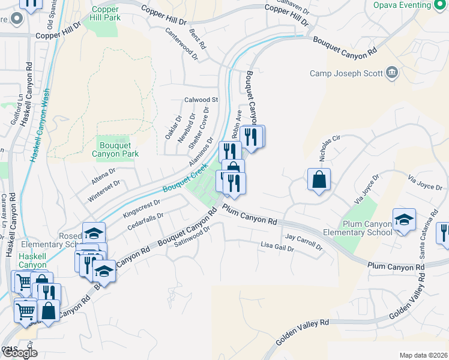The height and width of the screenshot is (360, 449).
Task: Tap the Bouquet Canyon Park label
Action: pos(115,149)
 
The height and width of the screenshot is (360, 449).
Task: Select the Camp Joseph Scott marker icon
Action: pos(393,73)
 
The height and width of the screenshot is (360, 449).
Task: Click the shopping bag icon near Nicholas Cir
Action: pos(319,178)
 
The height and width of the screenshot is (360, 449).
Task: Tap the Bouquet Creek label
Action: pos(182,182)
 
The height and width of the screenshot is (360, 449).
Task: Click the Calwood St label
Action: pos(200,100)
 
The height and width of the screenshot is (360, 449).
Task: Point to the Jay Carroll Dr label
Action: pos(304,242)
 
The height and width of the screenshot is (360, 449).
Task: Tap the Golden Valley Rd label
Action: pos(304,332)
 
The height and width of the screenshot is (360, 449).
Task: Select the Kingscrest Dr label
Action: pos(141,208)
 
